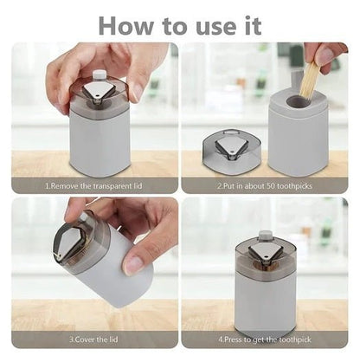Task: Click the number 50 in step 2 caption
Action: (x=277, y=184)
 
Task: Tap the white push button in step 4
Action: (x=266, y=236)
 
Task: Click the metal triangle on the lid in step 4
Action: (x=264, y=254)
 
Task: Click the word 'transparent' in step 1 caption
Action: (x=109, y=184)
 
